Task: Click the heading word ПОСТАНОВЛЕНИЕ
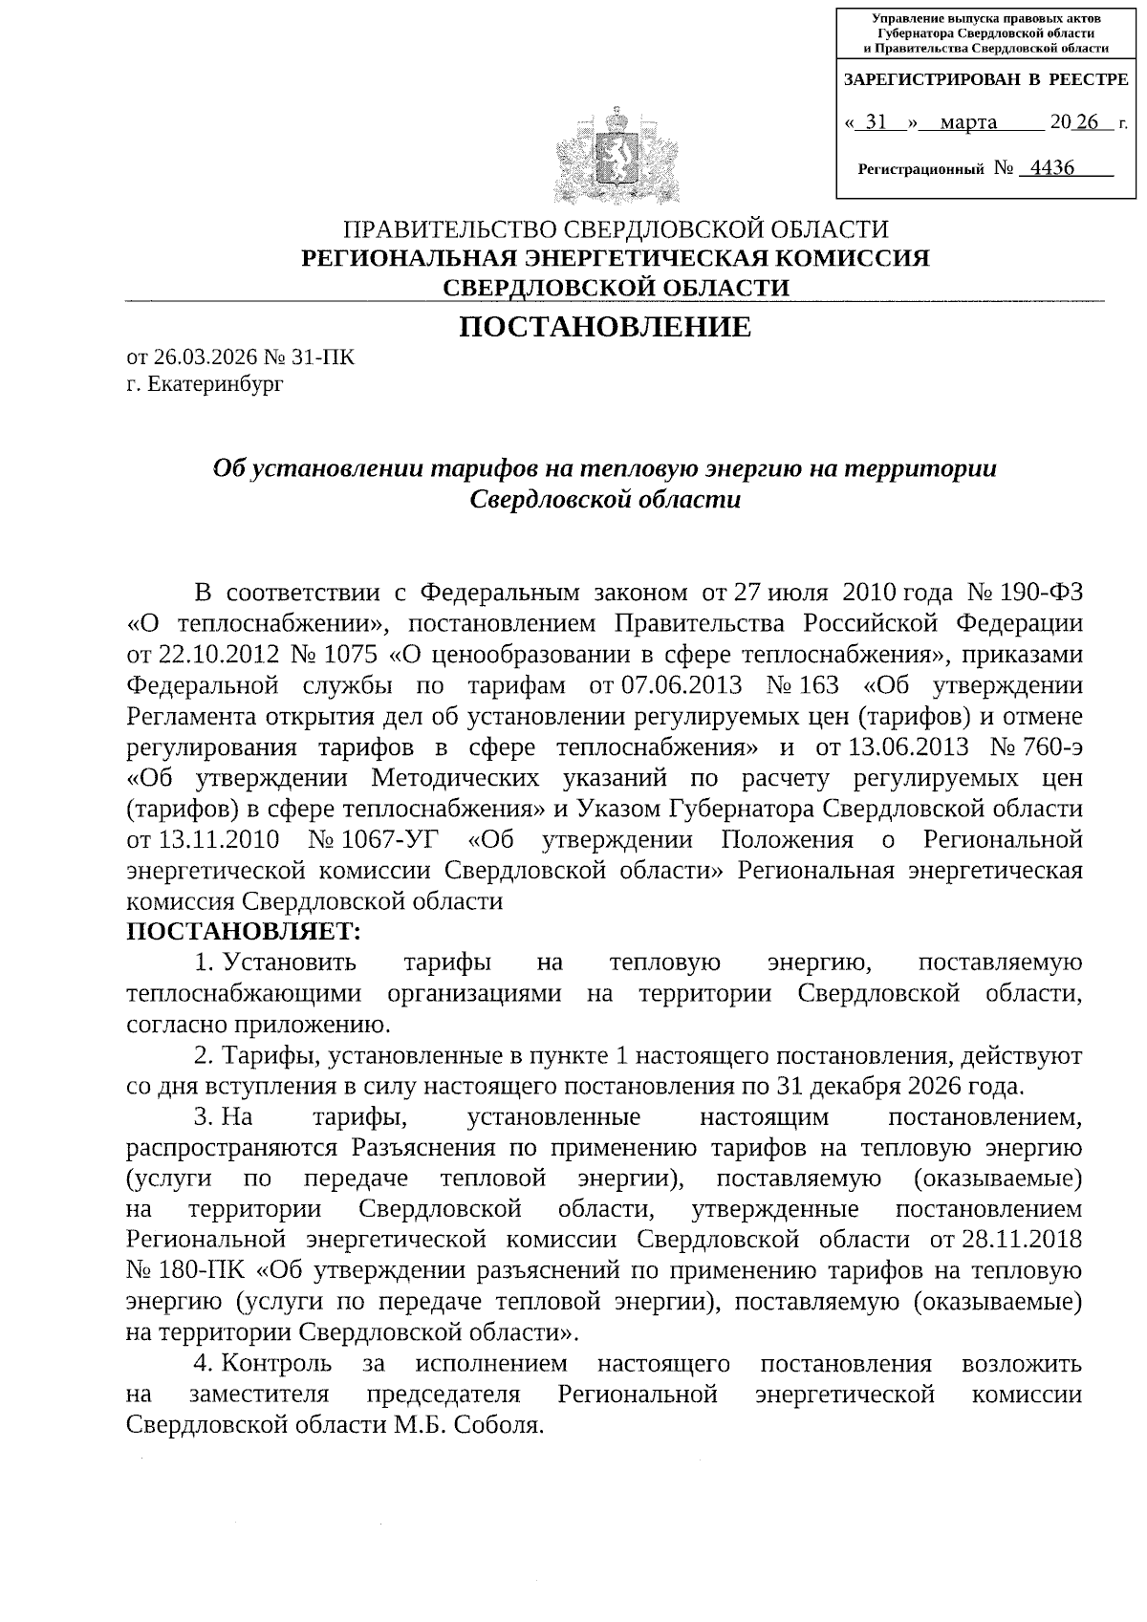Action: pos(605,328)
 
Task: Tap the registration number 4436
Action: pos(1048,169)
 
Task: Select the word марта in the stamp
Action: pos(968,122)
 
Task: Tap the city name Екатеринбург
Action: pos(216,384)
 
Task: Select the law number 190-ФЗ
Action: pos(1046,593)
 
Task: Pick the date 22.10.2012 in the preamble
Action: pos(215,655)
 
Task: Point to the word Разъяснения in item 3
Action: pos(417,1147)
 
